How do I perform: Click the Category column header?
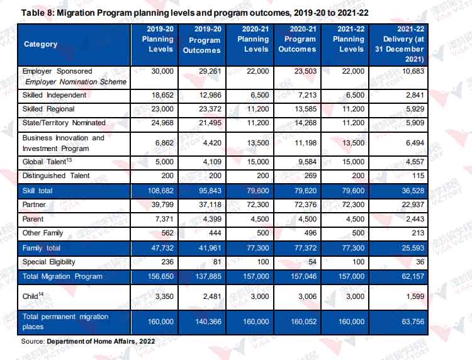pos(41,44)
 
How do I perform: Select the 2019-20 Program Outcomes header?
pos(202,40)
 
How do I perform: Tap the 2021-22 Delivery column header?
pos(400,44)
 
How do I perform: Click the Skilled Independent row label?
pos(54,95)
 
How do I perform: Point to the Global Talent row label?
pos(47,161)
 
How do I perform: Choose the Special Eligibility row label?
pos(48,262)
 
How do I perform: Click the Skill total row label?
pos(37,191)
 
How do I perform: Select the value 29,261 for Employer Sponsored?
pos(210,71)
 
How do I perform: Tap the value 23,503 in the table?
pos(305,71)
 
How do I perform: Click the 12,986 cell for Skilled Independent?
pos(210,95)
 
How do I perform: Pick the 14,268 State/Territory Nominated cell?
pos(305,123)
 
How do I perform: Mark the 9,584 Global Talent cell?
pos(307,162)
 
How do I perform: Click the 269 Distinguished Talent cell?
pos(310,176)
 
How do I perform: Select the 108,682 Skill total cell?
pos(160,191)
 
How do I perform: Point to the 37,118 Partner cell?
pos(210,205)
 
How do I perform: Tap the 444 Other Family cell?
pos(215,233)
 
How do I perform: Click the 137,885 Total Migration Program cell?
pos(208,276)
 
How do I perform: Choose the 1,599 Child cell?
pos(415,296)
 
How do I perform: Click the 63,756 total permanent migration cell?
pos(413,322)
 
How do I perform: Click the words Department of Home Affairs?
pos(91,341)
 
